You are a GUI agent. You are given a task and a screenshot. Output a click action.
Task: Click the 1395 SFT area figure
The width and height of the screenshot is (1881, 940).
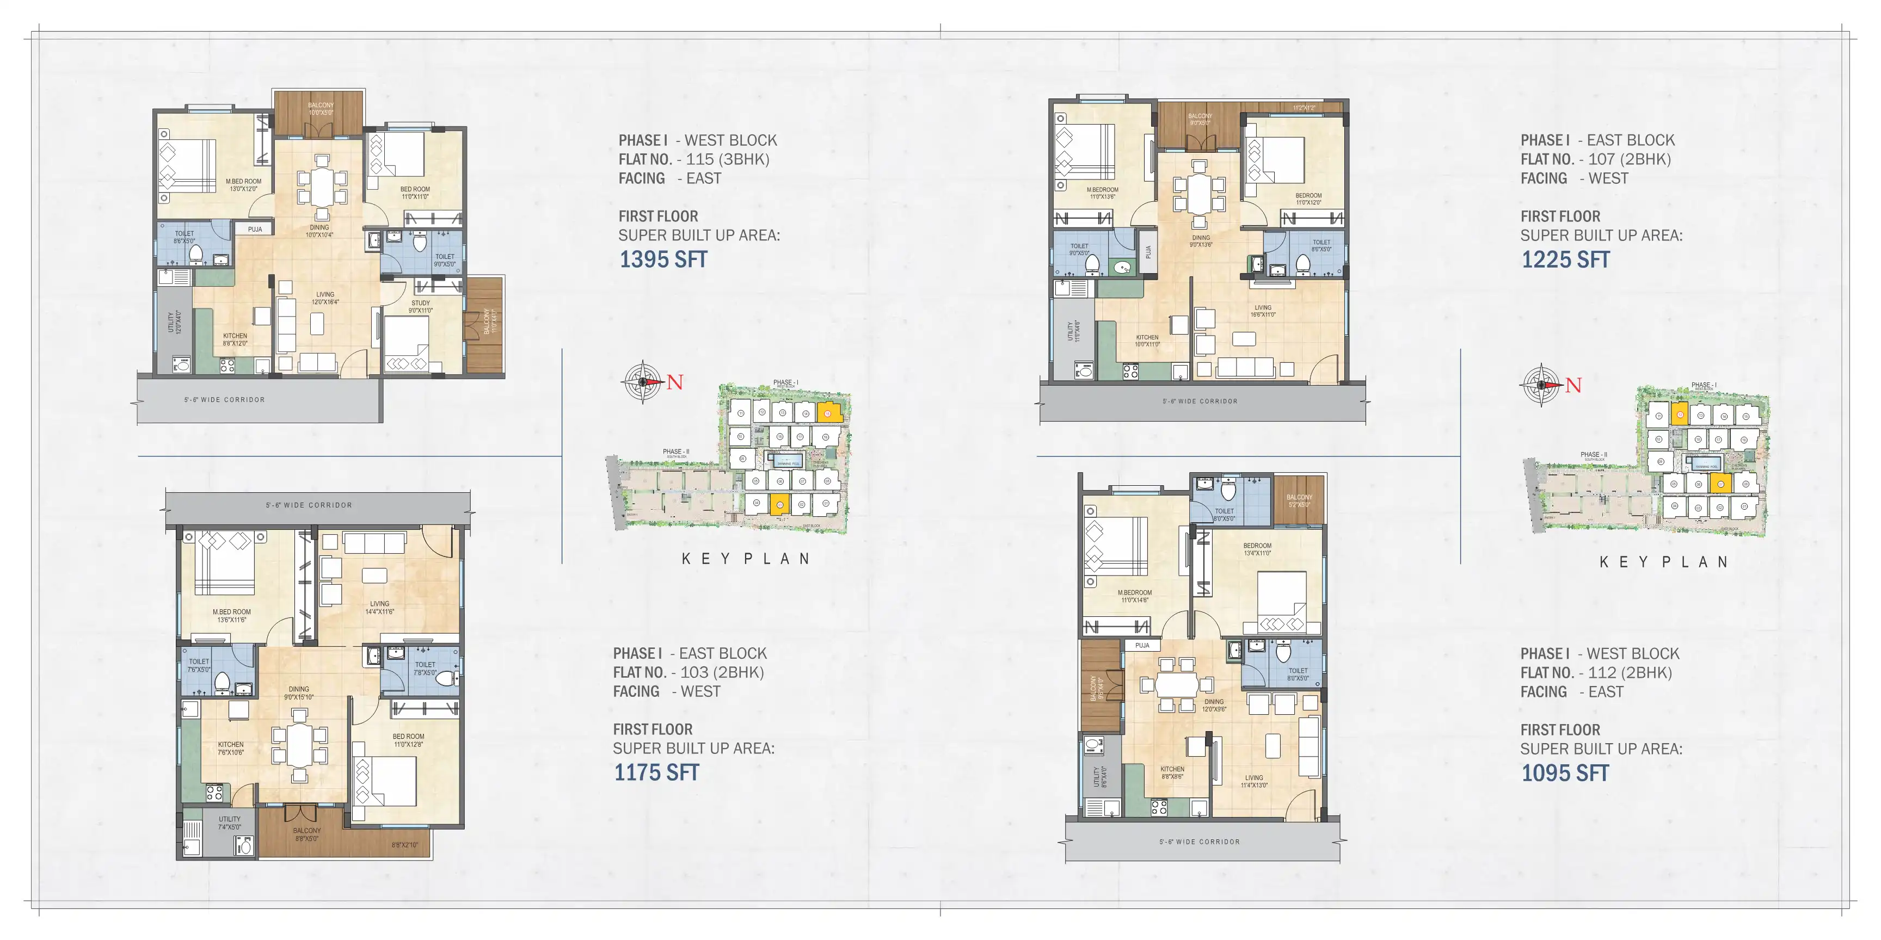point(663,260)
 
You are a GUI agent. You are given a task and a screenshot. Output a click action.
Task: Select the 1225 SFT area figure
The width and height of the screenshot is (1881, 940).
point(1565,260)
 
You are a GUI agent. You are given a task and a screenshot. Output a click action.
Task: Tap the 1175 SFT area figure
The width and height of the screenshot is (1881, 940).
point(656,773)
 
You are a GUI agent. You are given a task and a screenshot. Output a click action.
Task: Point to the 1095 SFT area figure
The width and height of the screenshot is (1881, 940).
point(1564,774)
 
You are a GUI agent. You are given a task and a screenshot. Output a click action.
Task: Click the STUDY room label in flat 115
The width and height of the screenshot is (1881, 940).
point(421,306)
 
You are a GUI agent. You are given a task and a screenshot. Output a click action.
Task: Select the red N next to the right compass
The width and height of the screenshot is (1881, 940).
point(1573,385)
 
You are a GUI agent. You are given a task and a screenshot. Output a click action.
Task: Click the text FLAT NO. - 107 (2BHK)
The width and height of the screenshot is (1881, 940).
point(1595,159)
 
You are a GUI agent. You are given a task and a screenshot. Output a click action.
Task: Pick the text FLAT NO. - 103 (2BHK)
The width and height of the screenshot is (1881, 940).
point(688,672)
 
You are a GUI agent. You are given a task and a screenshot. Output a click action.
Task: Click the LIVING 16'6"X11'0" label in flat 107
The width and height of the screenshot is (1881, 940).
point(1263,311)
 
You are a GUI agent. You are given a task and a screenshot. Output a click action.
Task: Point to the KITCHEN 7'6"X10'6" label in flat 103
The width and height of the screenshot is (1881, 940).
point(230,748)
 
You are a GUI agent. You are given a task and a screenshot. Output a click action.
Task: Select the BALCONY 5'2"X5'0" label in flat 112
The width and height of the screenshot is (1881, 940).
point(1299,500)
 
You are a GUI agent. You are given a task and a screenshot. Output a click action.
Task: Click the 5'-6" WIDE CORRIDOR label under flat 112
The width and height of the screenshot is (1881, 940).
point(1199,842)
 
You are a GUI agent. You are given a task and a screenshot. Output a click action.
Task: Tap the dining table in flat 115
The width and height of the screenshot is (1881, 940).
point(321,188)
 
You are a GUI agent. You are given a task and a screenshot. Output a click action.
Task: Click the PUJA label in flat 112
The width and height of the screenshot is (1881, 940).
point(1142,645)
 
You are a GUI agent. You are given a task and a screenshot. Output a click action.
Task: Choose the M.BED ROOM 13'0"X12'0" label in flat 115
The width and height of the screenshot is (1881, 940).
point(243,184)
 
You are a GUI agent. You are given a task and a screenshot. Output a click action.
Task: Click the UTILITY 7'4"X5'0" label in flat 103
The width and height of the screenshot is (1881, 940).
point(229,823)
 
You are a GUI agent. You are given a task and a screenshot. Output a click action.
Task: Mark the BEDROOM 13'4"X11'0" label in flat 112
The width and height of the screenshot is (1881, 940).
point(1257,549)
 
